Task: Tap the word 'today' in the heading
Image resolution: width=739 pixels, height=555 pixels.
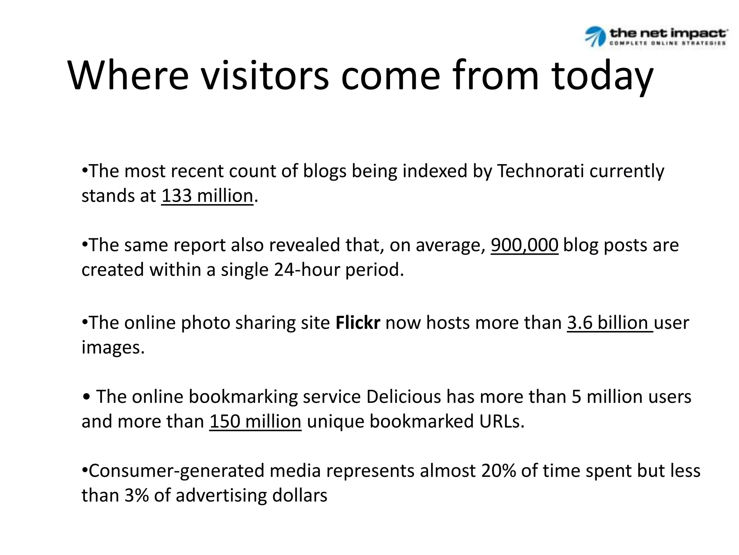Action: [602, 76]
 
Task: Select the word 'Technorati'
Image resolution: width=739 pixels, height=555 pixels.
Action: [540, 171]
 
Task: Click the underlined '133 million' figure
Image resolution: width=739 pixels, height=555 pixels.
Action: [207, 196]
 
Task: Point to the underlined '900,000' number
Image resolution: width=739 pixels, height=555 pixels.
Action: [524, 245]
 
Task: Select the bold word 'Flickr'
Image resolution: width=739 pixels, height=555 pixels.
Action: [358, 323]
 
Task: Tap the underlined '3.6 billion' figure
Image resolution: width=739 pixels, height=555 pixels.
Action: [610, 323]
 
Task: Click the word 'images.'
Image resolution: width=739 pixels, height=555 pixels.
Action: [113, 347]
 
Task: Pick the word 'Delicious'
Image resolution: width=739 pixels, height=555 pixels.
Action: [403, 397]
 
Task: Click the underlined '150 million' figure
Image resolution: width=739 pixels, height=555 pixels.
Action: [255, 421]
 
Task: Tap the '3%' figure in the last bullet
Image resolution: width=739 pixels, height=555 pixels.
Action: [136, 495]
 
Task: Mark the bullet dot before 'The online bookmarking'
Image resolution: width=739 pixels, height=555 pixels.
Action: [86, 397]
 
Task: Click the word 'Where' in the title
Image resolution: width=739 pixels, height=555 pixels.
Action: [128, 76]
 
